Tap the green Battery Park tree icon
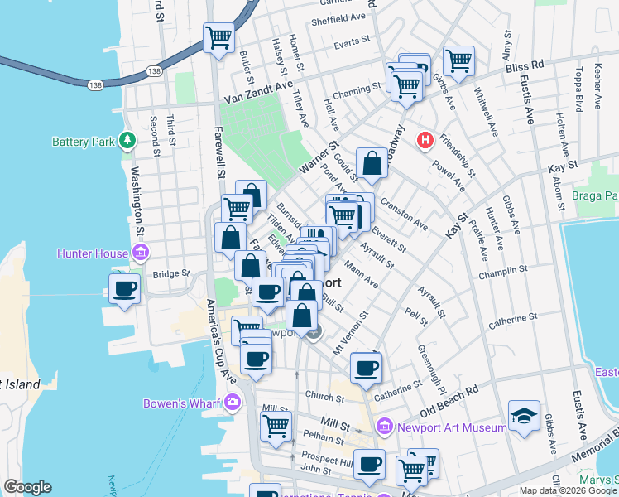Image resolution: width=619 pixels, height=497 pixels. [127, 141]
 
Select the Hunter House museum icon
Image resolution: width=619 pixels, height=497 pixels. [141, 253]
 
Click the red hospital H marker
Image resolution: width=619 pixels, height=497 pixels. [426, 140]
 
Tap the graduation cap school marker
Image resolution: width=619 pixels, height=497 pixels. [525, 416]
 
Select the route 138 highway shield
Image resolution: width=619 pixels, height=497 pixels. [95, 84]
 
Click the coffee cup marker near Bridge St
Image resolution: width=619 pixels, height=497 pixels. [124, 289]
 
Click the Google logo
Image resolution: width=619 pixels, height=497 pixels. [27, 487]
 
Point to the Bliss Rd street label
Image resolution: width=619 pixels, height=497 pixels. [526, 63]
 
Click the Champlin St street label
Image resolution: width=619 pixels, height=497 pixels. [506, 271]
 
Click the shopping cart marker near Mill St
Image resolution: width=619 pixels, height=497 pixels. [276, 426]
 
